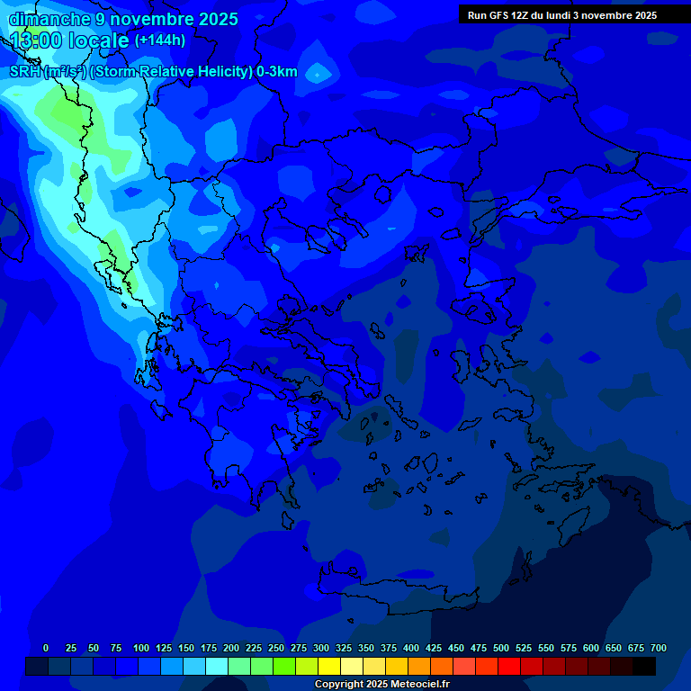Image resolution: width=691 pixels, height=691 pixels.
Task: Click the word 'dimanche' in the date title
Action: [x=49, y=19]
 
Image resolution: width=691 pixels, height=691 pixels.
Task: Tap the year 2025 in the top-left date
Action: [x=217, y=19]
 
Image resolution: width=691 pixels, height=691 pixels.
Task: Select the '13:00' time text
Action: [x=38, y=40]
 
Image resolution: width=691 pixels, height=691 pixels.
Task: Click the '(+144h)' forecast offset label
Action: [x=160, y=40]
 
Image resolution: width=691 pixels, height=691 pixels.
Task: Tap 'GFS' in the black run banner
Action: [x=503, y=15]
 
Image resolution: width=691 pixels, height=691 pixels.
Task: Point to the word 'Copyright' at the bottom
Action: [x=340, y=685]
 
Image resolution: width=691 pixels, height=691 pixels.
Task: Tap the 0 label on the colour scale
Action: [x=46, y=648]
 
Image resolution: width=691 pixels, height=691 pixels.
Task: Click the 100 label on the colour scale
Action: [x=141, y=648]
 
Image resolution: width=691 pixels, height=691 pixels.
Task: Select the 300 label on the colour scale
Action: [x=321, y=648]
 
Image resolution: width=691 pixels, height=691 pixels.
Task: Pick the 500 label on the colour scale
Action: [x=501, y=648]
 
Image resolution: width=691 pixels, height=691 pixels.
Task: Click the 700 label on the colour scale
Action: [x=659, y=648]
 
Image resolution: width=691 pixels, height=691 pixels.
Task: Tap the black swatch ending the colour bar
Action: [x=644, y=666]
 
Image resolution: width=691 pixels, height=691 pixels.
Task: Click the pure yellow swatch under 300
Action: [x=329, y=666]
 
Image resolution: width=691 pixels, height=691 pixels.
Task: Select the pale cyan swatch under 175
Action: [x=217, y=666]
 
